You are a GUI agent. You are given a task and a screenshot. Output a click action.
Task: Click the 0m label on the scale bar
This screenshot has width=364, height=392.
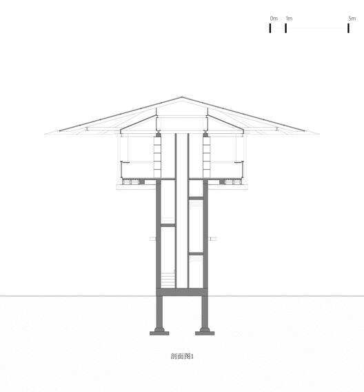point(274,18)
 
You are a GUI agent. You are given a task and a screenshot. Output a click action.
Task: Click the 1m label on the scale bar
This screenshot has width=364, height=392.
point(288,18)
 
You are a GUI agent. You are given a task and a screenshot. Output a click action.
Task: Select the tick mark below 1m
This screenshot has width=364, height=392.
point(286,28)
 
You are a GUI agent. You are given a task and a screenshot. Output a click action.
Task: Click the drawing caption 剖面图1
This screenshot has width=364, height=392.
point(182,357)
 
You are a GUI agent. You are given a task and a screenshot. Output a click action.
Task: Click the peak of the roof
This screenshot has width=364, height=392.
point(182,97)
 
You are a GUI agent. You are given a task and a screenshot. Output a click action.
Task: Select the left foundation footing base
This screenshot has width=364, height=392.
point(159,331)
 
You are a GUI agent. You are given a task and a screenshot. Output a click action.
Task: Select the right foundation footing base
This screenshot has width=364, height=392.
point(205,331)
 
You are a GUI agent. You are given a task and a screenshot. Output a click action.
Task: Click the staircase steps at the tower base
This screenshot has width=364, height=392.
point(168,280)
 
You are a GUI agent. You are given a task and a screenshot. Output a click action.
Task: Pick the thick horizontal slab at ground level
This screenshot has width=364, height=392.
point(182,292)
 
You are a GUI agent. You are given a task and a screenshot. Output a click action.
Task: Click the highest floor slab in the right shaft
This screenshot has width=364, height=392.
point(196,198)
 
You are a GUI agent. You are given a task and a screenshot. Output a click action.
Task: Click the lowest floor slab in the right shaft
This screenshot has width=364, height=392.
point(196,253)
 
